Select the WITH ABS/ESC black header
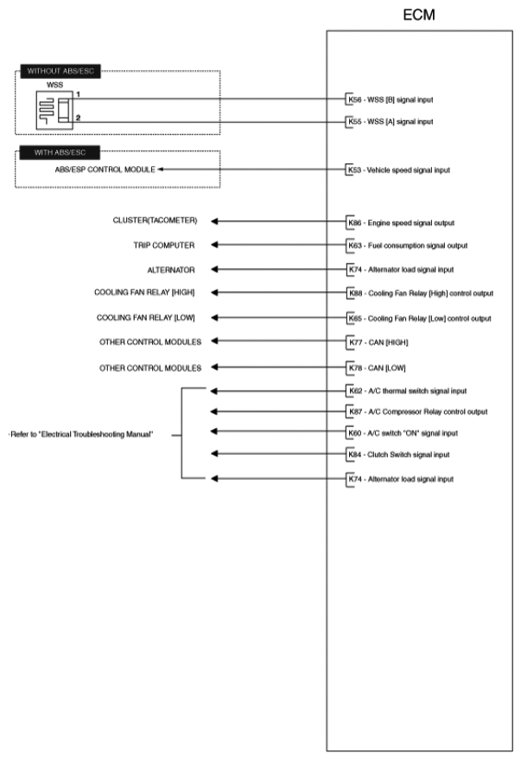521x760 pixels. pyautogui.click(x=59, y=153)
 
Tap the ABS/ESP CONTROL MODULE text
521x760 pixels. pyautogui.click(x=105, y=169)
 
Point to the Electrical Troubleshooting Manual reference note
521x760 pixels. pyautogui.click(x=81, y=434)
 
